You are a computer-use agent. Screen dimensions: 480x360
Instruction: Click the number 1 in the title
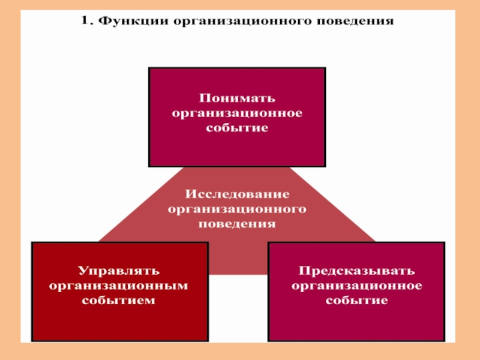85,20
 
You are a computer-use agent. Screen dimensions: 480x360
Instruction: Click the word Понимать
237,98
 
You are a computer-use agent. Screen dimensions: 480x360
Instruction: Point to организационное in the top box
237,113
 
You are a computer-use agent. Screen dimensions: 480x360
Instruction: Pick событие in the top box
237,128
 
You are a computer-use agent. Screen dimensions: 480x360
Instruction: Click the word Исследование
237,194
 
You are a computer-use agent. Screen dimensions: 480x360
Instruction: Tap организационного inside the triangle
237,209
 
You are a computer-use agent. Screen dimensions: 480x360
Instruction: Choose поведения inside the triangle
237,224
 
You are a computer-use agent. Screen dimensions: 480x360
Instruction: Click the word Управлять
119,271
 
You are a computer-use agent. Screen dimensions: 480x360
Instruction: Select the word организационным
118,286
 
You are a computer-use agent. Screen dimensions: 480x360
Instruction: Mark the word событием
118,301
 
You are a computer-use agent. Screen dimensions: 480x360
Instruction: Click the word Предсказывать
356,271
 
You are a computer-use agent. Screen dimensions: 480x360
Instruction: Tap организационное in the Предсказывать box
356,286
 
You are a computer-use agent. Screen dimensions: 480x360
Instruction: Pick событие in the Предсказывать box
356,301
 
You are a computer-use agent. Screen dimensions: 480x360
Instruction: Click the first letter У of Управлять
83,271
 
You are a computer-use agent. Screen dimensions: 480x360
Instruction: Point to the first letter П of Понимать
205,98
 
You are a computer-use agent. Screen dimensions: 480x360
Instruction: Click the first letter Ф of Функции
104,21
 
